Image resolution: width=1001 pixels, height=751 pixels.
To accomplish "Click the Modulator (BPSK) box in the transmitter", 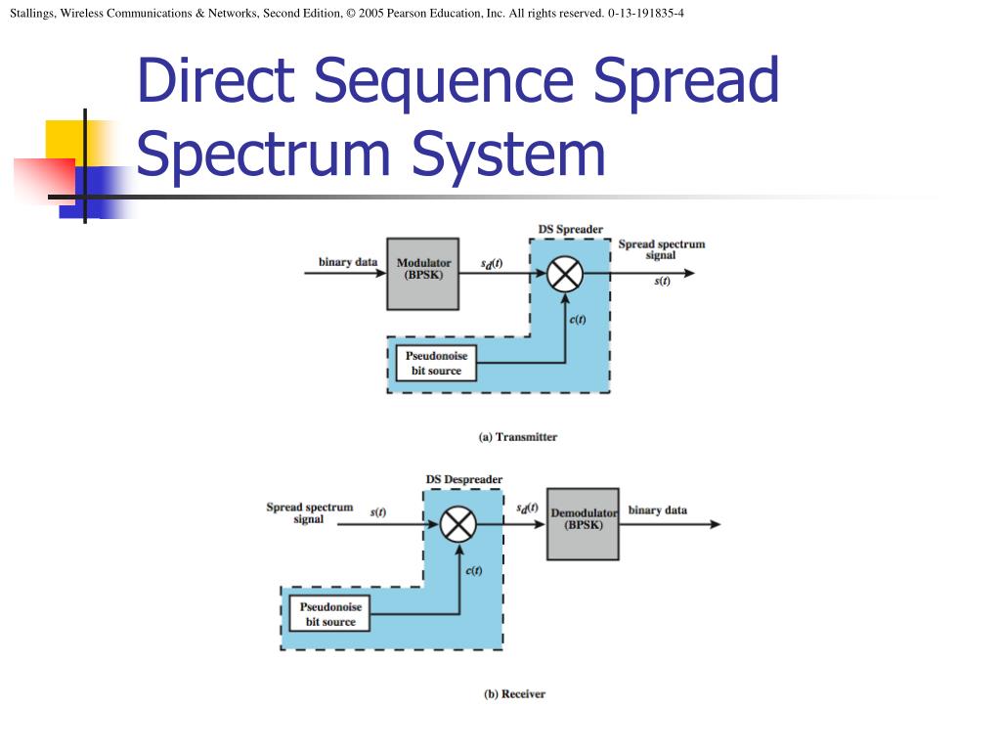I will pyautogui.click(x=423, y=274).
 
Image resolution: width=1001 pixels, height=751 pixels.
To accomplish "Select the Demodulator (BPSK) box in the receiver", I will pyautogui.click(x=583, y=524).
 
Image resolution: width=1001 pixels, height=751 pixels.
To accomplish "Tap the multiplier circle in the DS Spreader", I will pyautogui.click(x=564, y=274).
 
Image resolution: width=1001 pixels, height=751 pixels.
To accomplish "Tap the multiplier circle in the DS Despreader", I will pyautogui.click(x=457, y=525).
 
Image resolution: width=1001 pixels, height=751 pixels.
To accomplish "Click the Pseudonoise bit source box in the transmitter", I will pyautogui.click(x=437, y=363).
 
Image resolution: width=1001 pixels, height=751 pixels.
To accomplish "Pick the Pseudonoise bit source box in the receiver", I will pyautogui.click(x=330, y=614).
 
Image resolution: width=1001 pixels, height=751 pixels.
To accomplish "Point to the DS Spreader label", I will pyautogui.click(x=570, y=230).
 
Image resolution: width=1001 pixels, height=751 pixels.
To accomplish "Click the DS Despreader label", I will pyautogui.click(x=463, y=480).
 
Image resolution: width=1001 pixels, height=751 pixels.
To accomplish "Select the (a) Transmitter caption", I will pyautogui.click(x=517, y=437).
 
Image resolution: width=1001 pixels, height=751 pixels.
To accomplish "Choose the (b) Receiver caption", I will pyautogui.click(x=514, y=694).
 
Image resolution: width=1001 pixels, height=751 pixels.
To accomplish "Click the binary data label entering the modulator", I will pyautogui.click(x=347, y=262).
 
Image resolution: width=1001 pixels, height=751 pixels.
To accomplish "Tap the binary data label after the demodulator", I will pyautogui.click(x=657, y=510).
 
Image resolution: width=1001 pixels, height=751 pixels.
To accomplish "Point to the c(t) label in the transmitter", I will pyautogui.click(x=577, y=321).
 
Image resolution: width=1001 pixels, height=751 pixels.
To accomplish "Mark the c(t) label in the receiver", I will pyautogui.click(x=472, y=571).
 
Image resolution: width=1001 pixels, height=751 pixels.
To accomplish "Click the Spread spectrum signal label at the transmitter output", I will pyautogui.click(x=661, y=249).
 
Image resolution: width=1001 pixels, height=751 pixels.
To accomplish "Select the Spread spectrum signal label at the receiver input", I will pyautogui.click(x=309, y=513).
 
